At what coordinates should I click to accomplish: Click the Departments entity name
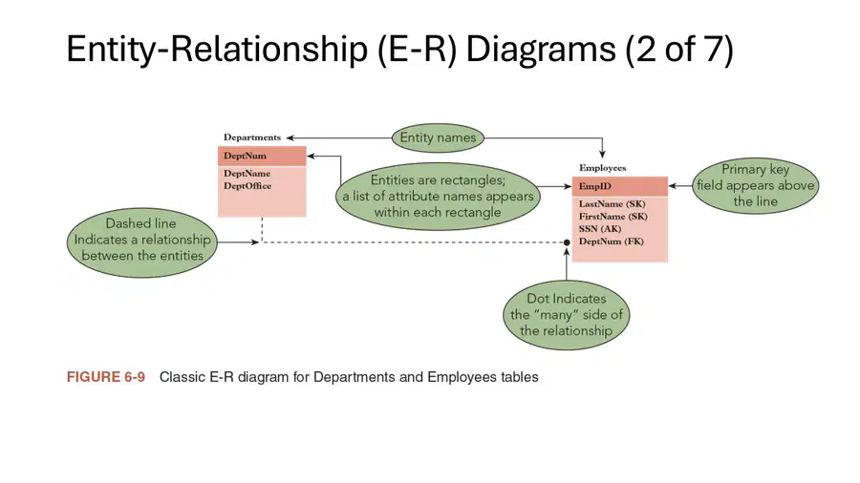click(251, 137)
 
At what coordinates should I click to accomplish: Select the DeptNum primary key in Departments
click(245, 156)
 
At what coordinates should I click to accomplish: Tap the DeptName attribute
click(247, 174)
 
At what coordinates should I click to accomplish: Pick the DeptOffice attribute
click(247, 185)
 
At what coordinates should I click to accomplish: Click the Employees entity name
click(602, 168)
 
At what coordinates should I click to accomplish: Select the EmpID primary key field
click(594, 186)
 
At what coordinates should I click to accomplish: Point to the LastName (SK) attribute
click(613, 203)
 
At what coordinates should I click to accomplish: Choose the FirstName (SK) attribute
click(613, 217)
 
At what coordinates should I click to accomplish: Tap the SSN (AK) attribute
click(600, 229)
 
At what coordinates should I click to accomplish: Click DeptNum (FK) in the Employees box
click(611, 241)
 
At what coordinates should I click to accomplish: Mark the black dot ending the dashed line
click(567, 242)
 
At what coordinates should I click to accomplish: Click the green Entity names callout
click(438, 137)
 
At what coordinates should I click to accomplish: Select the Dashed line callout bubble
click(142, 242)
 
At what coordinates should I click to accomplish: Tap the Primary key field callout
click(755, 185)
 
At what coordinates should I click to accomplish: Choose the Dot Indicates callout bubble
click(566, 315)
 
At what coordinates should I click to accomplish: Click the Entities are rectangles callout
click(438, 196)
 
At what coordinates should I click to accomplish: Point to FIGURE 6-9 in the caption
click(106, 377)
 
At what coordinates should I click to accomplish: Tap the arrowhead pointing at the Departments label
click(290, 138)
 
